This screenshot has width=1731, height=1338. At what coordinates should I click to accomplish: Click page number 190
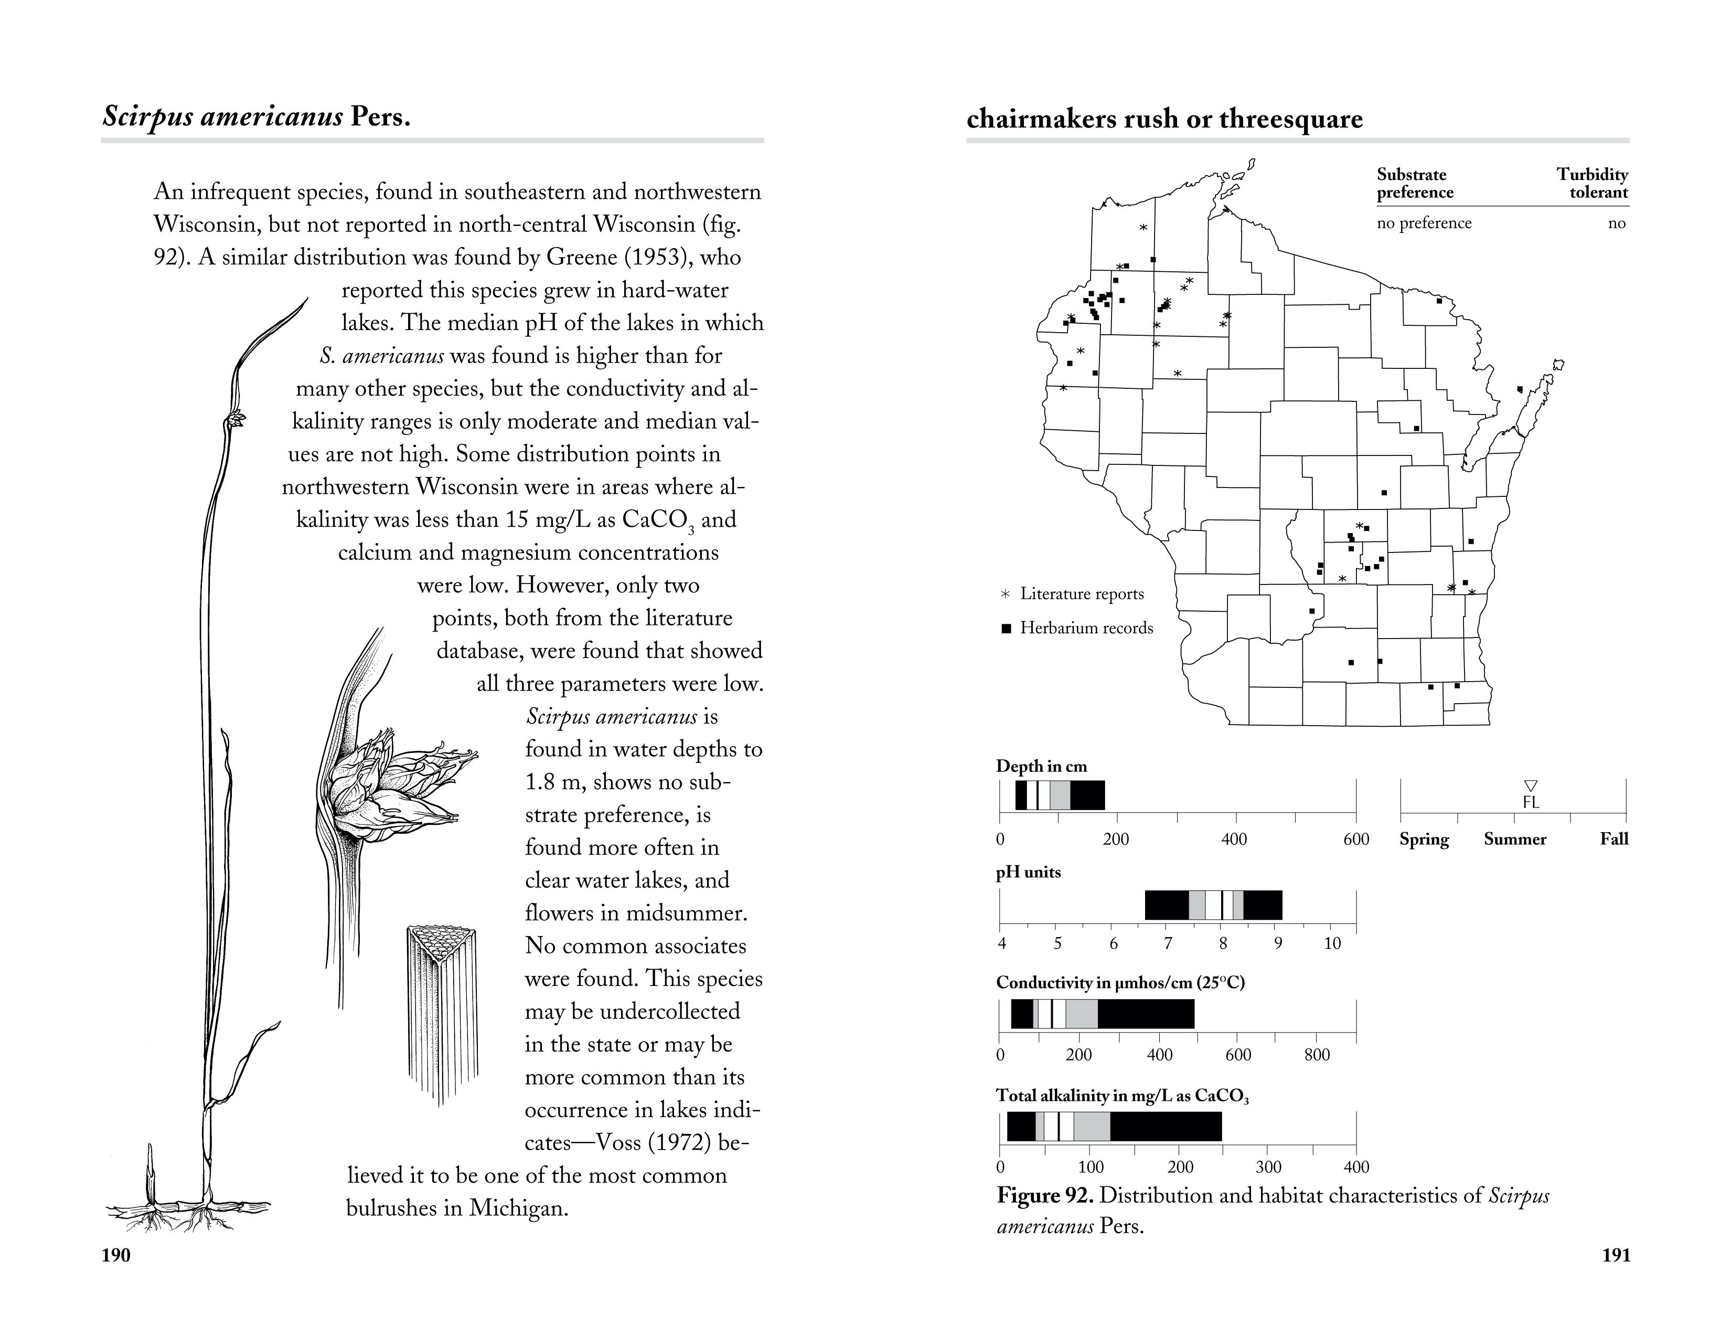click(116, 1277)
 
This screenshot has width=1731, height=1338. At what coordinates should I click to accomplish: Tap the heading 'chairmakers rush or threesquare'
click(1164, 119)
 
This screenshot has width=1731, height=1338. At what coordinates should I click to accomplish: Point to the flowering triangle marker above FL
click(1531, 785)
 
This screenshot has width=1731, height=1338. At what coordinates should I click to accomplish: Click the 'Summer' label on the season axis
click(1515, 838)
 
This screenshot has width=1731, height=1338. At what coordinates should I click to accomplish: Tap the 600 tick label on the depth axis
click(1356, 838)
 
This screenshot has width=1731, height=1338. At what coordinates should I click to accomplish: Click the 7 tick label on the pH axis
click(1168, 943)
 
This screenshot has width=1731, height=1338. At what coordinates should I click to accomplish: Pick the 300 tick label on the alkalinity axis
click(1268, 1167)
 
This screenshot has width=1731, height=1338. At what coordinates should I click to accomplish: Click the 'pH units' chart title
click(1028, 872)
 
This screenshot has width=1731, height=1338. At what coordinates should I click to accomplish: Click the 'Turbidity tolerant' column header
click(1591, 183)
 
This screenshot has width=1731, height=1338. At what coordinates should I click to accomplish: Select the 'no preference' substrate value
click(1424, 222)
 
